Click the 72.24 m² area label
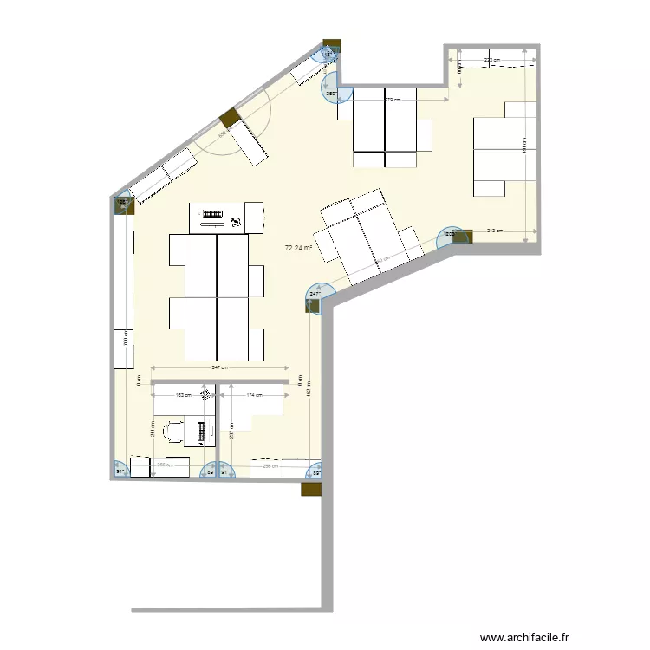(x=298, y=248)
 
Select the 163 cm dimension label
(x=183, y=396)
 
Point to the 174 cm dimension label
(x=253, y=396)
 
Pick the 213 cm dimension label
(x=493, y=231)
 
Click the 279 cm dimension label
(x=392, y=100)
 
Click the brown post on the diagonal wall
(x=228, y=117)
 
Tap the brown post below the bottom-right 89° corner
(x=310, y=489)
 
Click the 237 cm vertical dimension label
(x=231, y=429)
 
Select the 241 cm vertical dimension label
(x=153, y=431)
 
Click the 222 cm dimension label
(x=491, y=60)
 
